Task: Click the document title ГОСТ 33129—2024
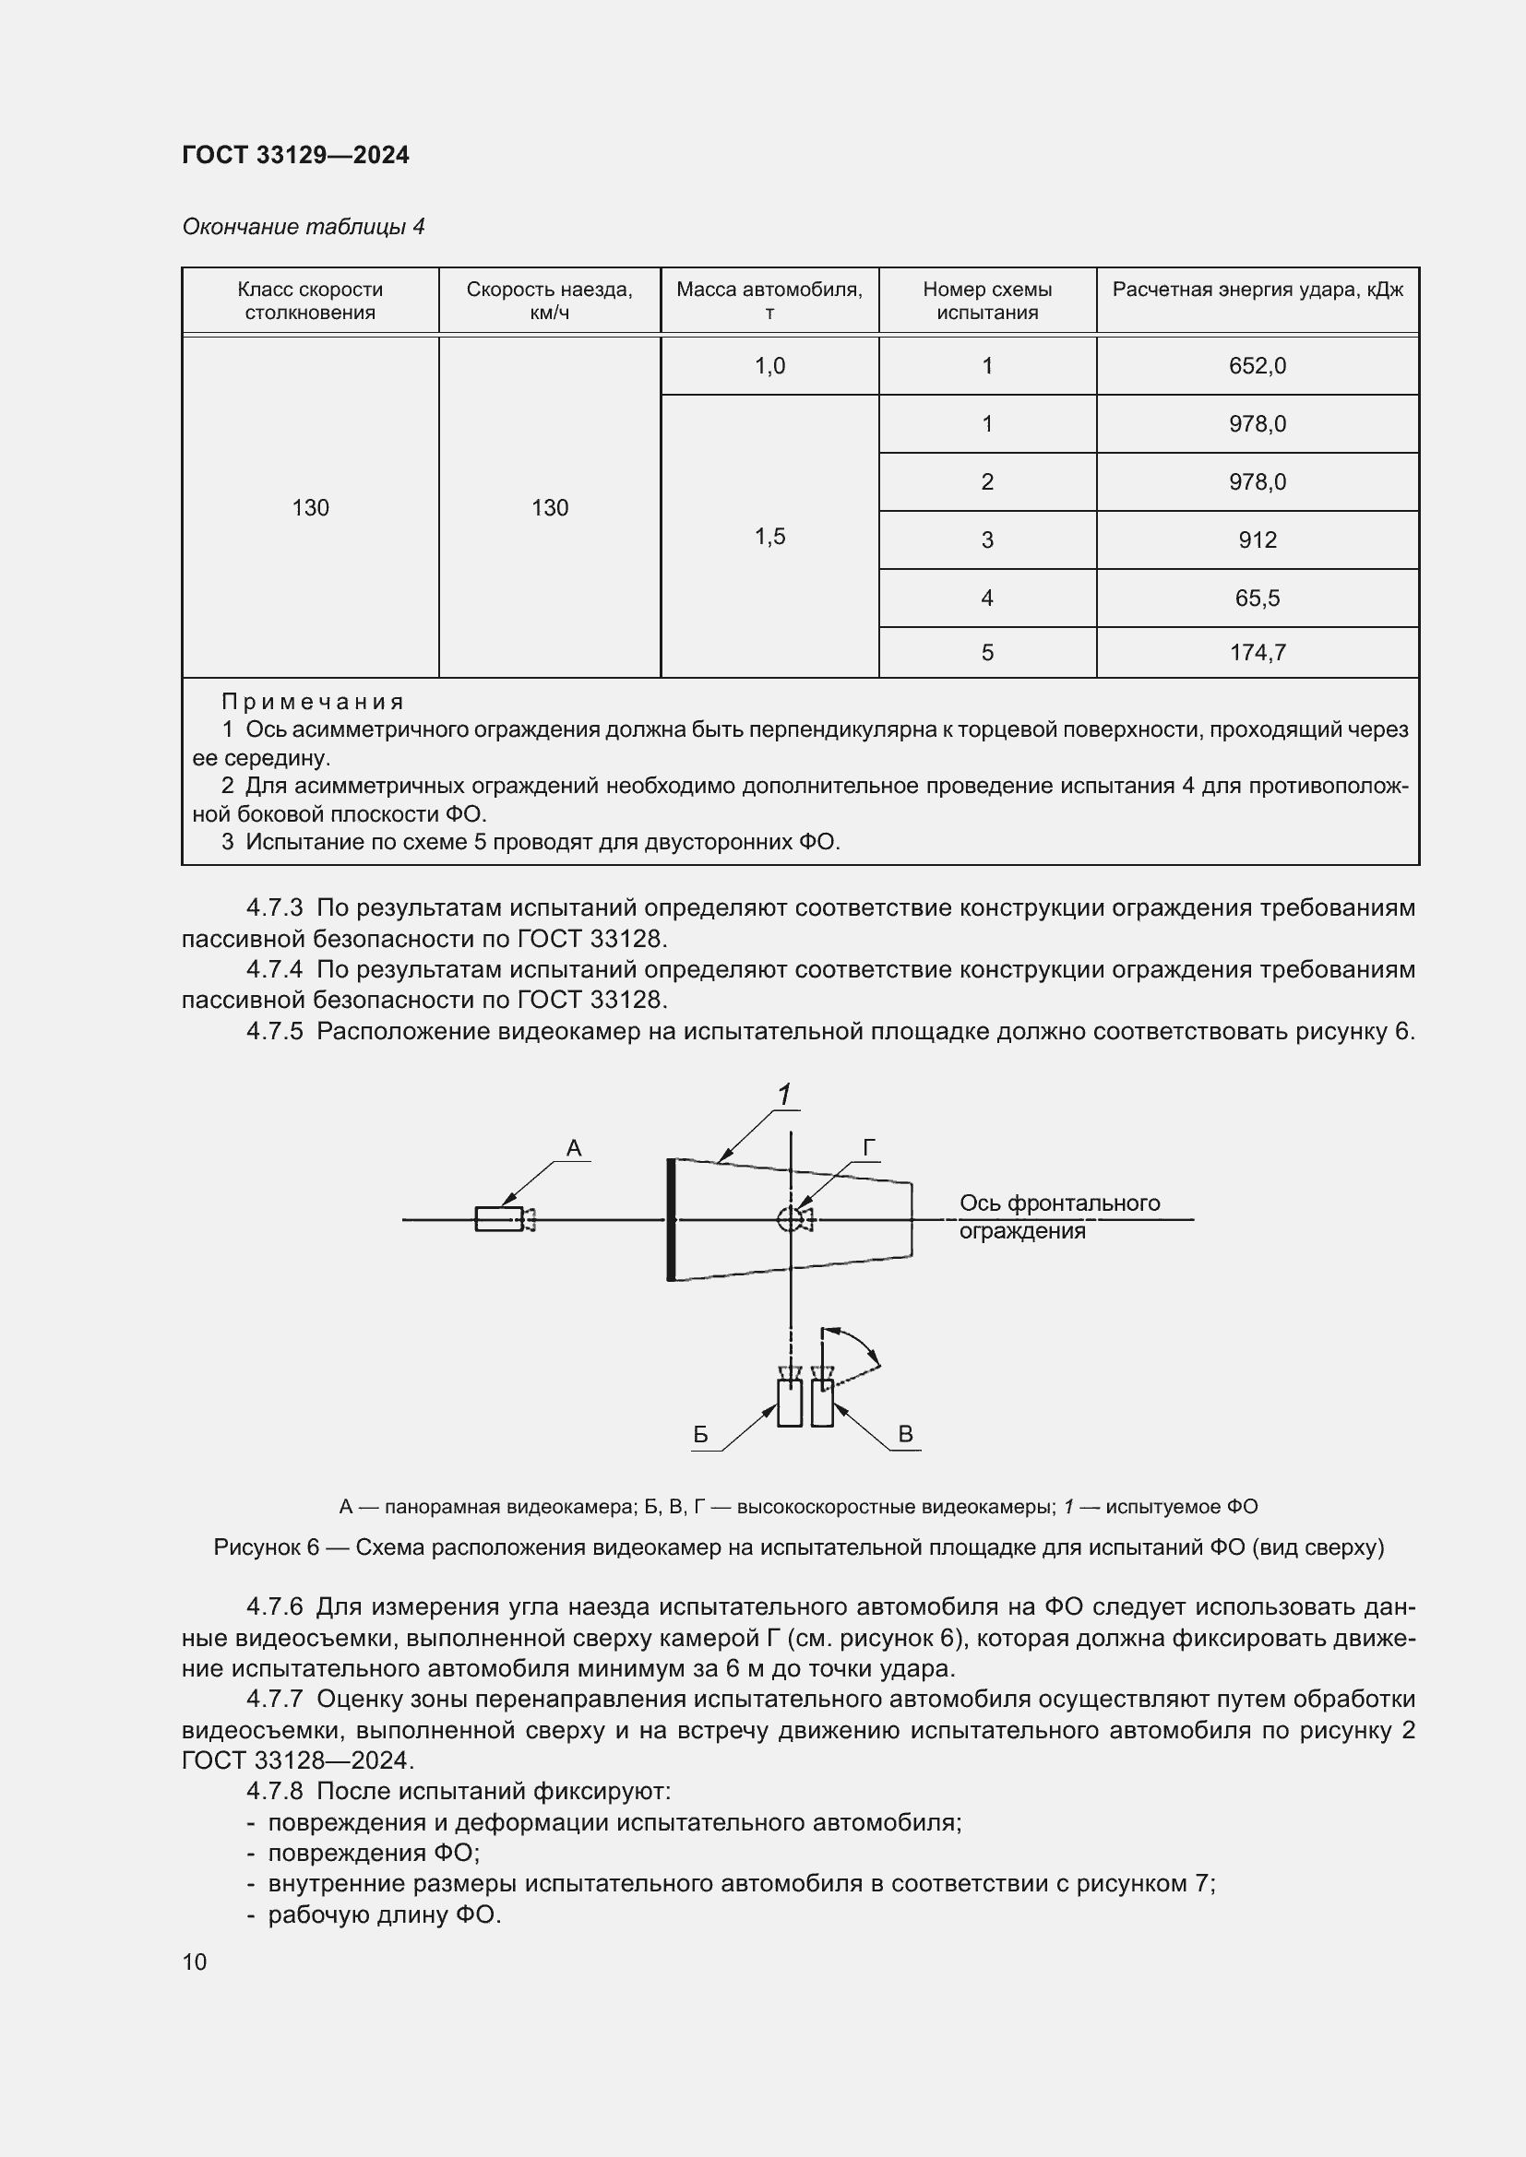click(295, 155)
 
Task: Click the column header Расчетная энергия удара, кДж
click(1257, 290)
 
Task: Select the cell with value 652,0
click(1257, 365)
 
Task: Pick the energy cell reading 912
click(1257, 540)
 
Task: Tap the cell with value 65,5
click(1257, 599)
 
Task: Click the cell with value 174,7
click(1257, 653)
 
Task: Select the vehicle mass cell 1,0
click(769, 365)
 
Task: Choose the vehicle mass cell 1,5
click(769, 537)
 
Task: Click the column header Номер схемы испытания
click(986, 301)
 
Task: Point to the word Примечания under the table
click(312, 702)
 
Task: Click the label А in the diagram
click(573, 1148)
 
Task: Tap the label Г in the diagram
click(869, 1148)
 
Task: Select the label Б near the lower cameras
click(700, 1435)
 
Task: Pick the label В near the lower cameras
click(905, 1434)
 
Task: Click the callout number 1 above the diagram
click(783, 1095)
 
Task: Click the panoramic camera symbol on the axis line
click(504, 1219)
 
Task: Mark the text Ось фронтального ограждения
click(1058, 1216)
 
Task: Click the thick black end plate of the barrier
click(670, 1219)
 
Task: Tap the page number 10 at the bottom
click(195, 1962)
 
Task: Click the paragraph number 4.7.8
click(274, 1792)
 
